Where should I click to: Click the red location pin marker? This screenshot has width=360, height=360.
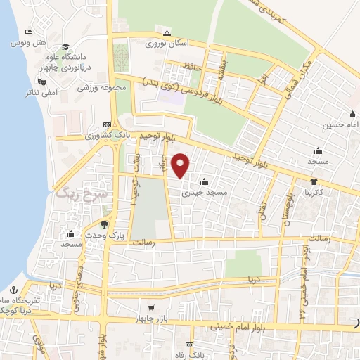click(x=181, y=165)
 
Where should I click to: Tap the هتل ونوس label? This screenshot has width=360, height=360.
click(x=23, y=44)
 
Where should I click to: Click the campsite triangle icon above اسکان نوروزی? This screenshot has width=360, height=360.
click(x=167, y=33)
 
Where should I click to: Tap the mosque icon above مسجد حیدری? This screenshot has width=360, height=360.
click(x=203, y=181)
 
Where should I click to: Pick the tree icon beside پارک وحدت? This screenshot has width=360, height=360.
click(x=105, y=224)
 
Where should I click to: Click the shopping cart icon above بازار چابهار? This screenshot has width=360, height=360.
click(x=150, y=307)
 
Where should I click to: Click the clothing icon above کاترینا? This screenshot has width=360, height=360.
click(x=310, y=181)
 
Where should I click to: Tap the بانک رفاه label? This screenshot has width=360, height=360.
click(x=188, y=355)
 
